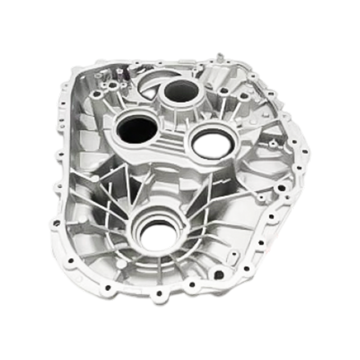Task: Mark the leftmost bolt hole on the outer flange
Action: (x=56, y=222)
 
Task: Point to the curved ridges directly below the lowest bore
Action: (x=148, y=265)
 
